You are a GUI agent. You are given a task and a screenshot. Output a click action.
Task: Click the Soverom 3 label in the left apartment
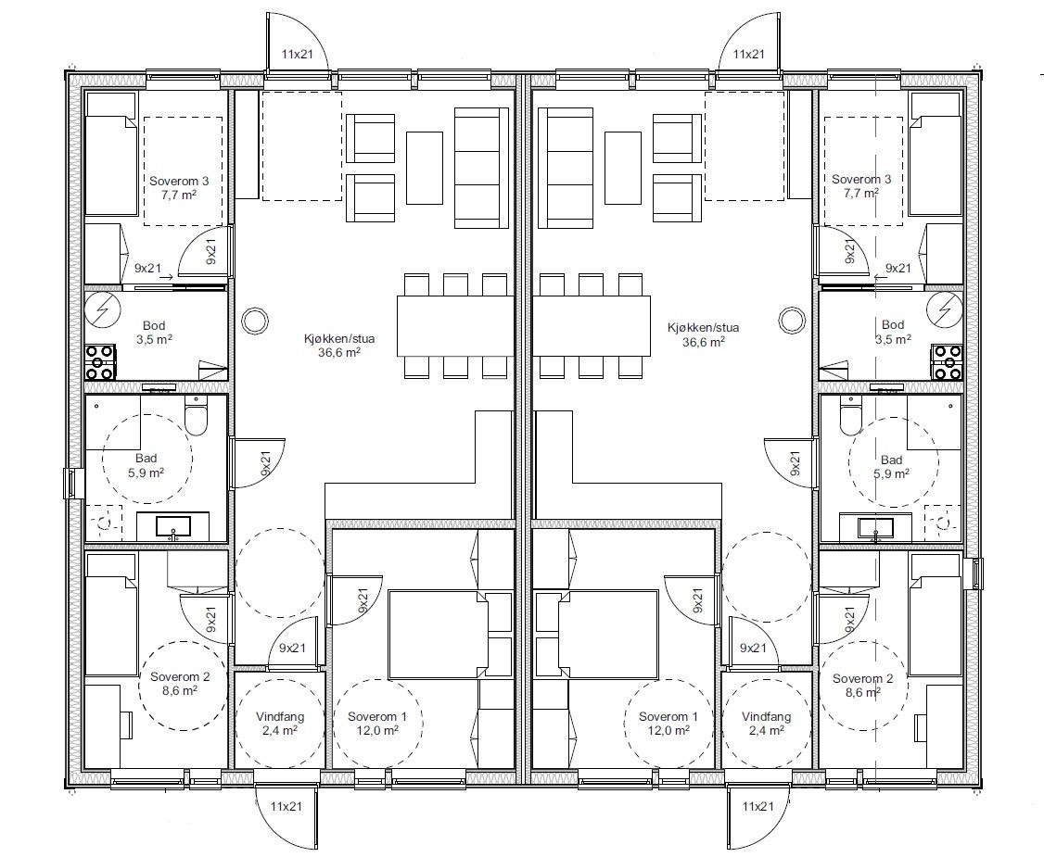click(x=182, y=186)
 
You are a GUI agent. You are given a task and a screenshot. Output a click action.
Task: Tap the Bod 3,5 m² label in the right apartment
click(x=892, y=332)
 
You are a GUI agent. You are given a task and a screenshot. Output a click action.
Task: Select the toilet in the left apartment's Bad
click(x=196, y=417)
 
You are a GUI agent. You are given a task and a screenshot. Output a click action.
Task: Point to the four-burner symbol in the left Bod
click(x=99, y=361)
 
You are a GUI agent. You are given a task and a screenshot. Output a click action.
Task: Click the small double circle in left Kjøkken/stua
click(x=254, y=321)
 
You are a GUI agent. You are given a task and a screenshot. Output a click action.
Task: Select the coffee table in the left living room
click(x=424, y=169)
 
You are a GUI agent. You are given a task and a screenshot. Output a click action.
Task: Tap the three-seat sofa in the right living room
click(x=568, y=167)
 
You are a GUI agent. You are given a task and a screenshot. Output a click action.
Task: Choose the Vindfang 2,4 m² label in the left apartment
click(x=279, y=723)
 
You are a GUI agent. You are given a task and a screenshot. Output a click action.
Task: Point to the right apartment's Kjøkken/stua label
click(x=703, y=334)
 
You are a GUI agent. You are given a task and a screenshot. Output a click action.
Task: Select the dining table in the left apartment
click(x=454, y=324)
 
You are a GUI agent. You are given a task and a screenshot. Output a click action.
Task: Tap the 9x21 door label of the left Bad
click(x=265, y=463)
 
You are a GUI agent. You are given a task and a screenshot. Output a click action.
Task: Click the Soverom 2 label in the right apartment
click(x=861, y=684)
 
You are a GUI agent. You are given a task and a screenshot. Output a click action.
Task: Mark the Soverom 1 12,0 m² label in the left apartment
click(x=377, y=723)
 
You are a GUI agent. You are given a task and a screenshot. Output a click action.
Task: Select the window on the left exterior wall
click(x=70, y=483)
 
